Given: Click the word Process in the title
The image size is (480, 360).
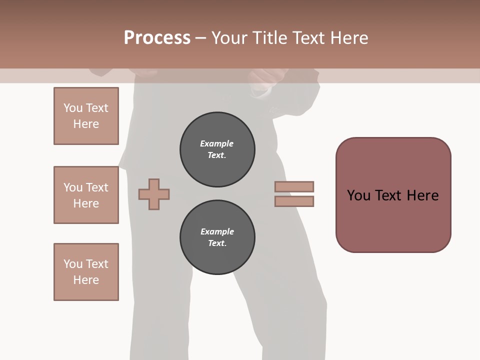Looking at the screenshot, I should (x=157, y=37).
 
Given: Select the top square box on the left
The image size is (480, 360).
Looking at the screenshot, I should (x=86, y=116).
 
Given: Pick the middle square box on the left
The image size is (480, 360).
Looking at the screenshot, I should (x=86, y=195).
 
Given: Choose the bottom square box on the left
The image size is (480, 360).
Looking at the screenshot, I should (x=86, y=272).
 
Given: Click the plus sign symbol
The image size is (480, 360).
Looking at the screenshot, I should (x=154, y=194).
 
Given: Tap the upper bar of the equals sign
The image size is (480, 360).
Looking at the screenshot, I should (x=294, y=186).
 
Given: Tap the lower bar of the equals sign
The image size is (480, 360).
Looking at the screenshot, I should (x=294, y=201).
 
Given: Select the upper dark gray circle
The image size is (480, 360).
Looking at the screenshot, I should (x=217, y=149).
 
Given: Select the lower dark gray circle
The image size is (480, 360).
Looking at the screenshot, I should (x=217, y=237).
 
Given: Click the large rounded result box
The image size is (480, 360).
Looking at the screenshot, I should (x=393, y=195).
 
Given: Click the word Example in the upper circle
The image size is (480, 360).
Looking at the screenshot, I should (x=216, y=144).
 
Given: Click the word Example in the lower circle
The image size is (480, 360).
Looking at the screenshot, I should (x=217, y=232).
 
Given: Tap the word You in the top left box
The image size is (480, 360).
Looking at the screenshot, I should (x=72, y=108).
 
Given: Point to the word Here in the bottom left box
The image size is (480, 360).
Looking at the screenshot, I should (x=86, y=280).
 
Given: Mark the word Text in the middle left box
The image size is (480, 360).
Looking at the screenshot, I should (x=96, y=187).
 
